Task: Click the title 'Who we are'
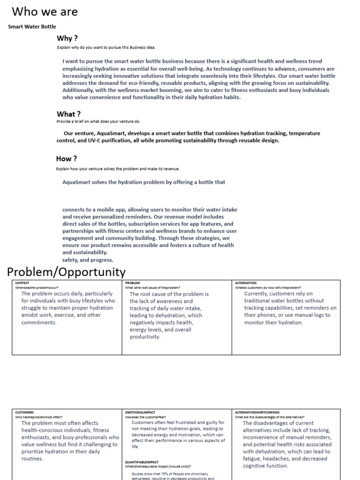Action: tap(45, 12)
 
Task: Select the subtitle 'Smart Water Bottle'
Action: tap(32, 27)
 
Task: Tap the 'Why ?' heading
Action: tap(67, 38)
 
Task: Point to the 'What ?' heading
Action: tap(68, 114)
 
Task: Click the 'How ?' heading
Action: tap(67, 158)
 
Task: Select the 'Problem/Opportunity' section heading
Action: tap(66, 272)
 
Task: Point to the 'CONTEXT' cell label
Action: tap(22, 283)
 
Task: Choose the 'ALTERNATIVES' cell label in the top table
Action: tap(246, 283)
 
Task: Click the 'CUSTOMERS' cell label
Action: tap(24, 412)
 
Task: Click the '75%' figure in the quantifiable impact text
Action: tap(165, 474)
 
